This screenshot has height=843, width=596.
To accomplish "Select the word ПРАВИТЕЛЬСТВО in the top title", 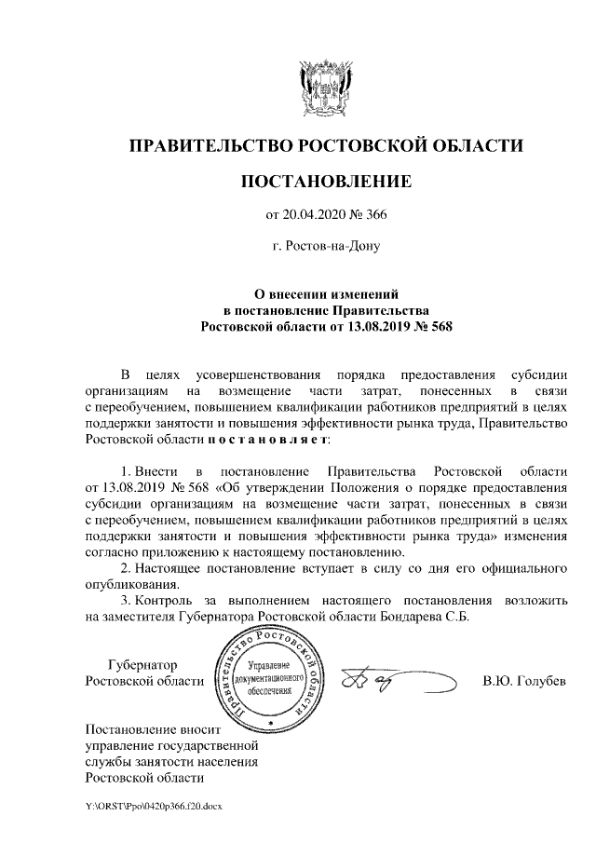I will [208, 145].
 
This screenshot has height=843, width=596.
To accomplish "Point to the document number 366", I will [374, 216].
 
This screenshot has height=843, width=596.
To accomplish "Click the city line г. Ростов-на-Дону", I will [325, 247].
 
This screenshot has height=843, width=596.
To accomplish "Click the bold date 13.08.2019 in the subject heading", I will [370, 327].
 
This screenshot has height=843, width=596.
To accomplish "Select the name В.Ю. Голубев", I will [524, 681].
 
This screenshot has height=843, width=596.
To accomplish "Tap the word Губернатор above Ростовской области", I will [142, 664].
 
